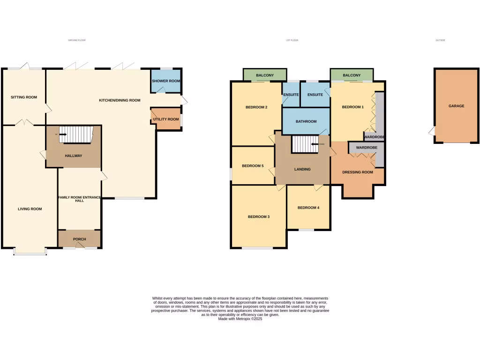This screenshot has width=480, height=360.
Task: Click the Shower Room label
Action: pyautogui.click(x=166, y=81)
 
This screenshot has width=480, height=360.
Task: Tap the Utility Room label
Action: pyautogui.click(x=166, y=119)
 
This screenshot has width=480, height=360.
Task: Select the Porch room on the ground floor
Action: pyautogui.click(x=79, y=239)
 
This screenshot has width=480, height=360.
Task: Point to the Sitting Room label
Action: pyautogui.click(x=24, y=97)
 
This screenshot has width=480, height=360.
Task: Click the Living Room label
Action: pyautogui.click(x=30, y=209)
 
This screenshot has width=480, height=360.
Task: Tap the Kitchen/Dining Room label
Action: pyautogui.click(x=120, y=100)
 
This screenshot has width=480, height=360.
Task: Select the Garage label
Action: pyautogui.click(x=456, y=106)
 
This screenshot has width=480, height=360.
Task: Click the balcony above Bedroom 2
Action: pyautogui.click(x=264, y=75)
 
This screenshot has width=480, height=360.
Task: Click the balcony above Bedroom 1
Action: pyautogui.click(x=352, y=75)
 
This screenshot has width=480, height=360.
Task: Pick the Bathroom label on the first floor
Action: pyautogui.click(x=306, y=121)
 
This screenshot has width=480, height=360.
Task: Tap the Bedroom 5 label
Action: pyautogui.click(x=253, y=166)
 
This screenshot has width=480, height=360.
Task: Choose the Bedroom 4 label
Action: pyautogui.click(x=308, y=208)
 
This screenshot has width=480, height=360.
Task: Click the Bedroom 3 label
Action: pyautogui.click(x=259, y=217)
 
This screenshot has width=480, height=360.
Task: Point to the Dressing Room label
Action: pyautogui.click(x=358, y=172)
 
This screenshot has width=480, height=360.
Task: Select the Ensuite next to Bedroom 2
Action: pyautogui.click(x=291, y=95)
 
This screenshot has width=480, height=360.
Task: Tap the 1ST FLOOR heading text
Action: pyautogui.click(x=292, y=40)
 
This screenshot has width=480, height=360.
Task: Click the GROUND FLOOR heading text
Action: pyautogui.click(x=77, y=40)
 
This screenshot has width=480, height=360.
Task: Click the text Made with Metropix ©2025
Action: pyautogui.click(x=240, y=319)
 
